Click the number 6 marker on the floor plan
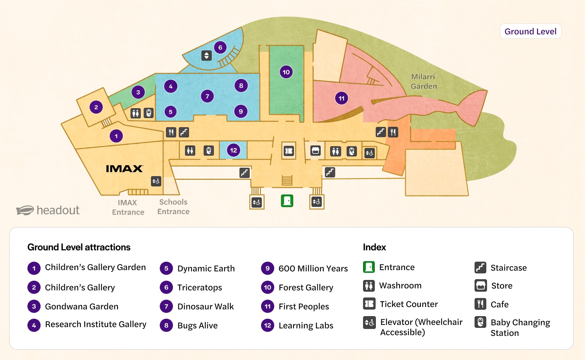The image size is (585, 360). point(220,48)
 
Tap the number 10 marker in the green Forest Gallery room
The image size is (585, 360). point(286,72)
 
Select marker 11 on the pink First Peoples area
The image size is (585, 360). point(341,98)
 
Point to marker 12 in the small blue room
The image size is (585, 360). point(233,150)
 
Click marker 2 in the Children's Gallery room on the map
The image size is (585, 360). point(96,107)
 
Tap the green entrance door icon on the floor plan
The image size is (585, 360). point(287,201)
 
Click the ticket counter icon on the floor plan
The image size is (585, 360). point(289,151)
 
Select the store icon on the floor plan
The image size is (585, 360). point(316,151)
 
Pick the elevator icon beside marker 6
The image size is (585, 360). point(207,56)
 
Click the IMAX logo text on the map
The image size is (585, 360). point(124,168)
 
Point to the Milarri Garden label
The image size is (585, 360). point(424,82)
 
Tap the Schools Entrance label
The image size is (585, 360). point(173,207)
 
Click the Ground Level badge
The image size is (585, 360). point(531,31)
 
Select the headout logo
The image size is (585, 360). point(48,210)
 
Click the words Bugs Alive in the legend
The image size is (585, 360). point(197,325)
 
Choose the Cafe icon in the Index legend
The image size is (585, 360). point(480,304)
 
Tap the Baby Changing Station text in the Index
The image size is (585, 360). point(520,327)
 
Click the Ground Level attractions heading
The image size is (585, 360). point(79,247)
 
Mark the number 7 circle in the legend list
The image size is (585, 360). point(166,306)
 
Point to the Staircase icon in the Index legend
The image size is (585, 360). point(480,268)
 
